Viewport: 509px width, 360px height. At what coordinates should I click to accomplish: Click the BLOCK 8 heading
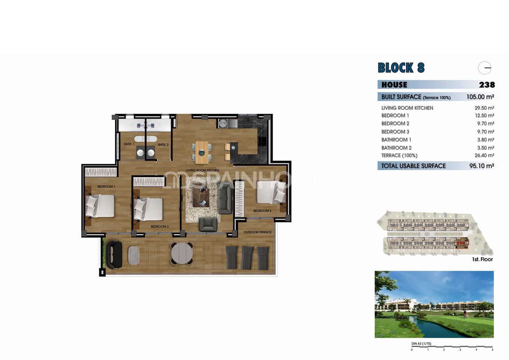click(x=401, y=68)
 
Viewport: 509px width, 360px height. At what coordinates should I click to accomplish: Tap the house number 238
click(x=487, y=85)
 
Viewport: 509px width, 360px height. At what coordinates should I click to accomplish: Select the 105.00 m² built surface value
click(x=480, y=97)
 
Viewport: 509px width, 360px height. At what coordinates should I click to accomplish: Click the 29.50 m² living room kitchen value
click(x=484, y=108)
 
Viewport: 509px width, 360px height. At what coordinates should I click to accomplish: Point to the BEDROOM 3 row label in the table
click(x=395, y=131)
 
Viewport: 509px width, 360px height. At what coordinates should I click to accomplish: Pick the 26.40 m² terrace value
click(x=484, y=155)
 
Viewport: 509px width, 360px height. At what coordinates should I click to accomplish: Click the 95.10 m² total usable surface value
click(x=481, y=166)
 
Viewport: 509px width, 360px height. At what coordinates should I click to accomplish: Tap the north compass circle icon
click(x=485, y=68)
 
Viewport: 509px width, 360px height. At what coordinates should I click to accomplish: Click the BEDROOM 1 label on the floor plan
click(x=106, y=187)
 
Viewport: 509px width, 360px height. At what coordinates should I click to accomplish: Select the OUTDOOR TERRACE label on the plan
click(x=257, y=232)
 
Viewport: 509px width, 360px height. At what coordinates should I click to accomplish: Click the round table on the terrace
click(x=182, y=253)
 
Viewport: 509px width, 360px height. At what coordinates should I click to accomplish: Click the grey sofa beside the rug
click(x=225, y=200)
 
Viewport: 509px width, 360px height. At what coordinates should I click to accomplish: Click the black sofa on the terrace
click(x=114, y=255)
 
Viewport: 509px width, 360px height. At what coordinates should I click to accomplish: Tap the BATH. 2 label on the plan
click(x=163, y=145)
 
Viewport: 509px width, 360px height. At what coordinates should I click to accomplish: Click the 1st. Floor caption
click(x=482, y=259)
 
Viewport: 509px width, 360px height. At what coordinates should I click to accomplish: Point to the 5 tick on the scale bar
click(x=492, y=350)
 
